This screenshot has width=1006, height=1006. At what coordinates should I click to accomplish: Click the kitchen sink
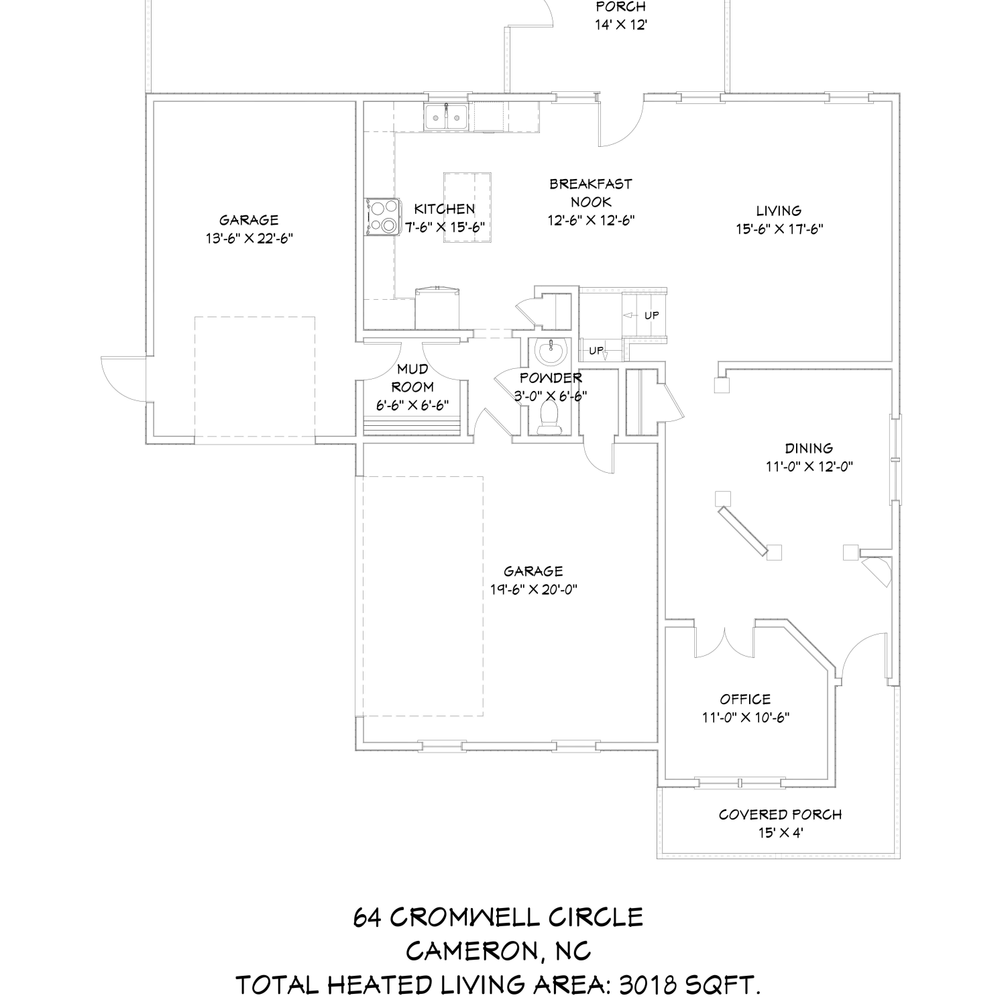click(447, 117)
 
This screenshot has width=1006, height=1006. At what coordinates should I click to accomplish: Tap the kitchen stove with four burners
click(382, 217)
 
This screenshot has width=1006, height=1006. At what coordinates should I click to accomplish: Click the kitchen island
click(467, 207)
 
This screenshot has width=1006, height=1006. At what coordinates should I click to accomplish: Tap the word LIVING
click(779, 211)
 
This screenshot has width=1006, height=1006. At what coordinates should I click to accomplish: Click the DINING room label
click(809, 448)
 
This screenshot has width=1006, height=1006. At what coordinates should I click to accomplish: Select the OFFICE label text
click(745, 699)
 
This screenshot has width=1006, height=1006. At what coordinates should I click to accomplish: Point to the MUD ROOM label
click(412, 378)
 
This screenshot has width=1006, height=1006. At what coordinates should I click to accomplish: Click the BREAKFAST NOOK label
click(591, 192)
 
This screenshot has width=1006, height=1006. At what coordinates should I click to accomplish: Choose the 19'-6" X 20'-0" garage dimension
click(534, 590)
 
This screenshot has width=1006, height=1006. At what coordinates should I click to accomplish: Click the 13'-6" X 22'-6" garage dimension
click(249, 238)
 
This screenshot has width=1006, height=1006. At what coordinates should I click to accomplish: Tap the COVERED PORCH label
click(780, 815)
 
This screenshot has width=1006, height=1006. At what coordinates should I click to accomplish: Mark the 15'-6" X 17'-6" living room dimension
click(779, 229)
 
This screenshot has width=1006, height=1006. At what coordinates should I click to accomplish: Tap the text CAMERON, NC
click(498, 951)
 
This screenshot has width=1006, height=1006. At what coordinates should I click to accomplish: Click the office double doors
click(726, 643)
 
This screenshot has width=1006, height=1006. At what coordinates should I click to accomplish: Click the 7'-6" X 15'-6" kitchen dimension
click(445, 227)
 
